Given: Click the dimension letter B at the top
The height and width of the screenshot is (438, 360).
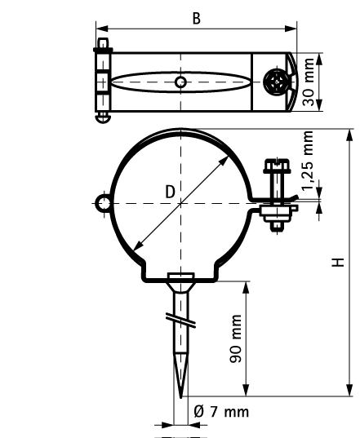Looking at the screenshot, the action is [x=197, y=19].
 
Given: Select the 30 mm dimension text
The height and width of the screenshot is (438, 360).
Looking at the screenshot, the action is [x=309, y=82].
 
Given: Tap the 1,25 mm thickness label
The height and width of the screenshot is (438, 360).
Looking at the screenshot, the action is [x=309, y=160].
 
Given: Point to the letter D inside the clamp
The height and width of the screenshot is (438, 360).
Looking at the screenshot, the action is [x=171, y=192].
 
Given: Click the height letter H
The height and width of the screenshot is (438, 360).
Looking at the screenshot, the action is [x=338, y=263].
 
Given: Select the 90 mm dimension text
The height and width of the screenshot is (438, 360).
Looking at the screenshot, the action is [x=235, y=338].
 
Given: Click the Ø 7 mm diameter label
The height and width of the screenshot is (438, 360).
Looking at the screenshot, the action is [x=221, y=412].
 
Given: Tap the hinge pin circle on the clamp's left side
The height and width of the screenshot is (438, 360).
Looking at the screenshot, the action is [x=104, y=204].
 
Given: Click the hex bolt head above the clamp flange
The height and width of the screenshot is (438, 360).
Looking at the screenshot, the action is [x=277, y=165].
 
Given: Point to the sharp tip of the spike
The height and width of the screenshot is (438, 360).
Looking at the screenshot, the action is [x=181, y=397].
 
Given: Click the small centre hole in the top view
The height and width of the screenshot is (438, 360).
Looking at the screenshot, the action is [x=180, y=82].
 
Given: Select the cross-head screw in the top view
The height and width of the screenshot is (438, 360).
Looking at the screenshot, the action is [x=277, y=82].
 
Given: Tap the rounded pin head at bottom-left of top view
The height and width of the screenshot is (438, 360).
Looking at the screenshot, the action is [x=103, y=118].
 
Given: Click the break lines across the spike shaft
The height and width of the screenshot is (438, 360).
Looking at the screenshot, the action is [x=180, y=320].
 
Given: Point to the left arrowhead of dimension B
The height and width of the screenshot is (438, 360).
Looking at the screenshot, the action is [x=102, y=29].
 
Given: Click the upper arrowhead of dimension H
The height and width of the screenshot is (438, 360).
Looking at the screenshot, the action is [x=349, y=135].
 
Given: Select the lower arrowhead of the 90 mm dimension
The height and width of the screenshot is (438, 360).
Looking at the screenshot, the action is [x=246, y=390].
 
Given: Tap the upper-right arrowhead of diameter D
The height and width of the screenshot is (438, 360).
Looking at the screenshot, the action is [x=224, y=161].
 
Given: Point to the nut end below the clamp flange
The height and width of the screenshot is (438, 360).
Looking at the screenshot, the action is [x=277, y=227].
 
